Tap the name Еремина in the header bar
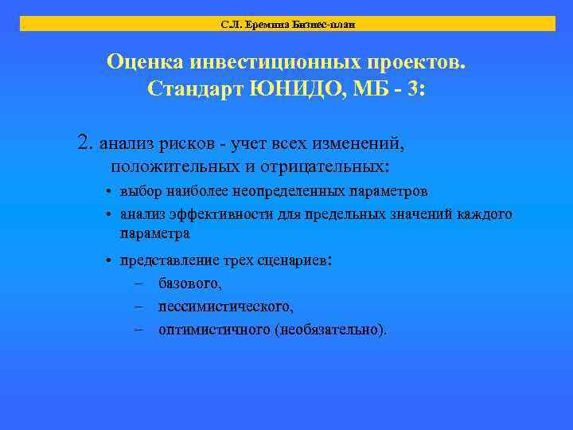(263, 25)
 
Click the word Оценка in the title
(146, 62)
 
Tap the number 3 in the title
(419, 88)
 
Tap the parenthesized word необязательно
(329, 330)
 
